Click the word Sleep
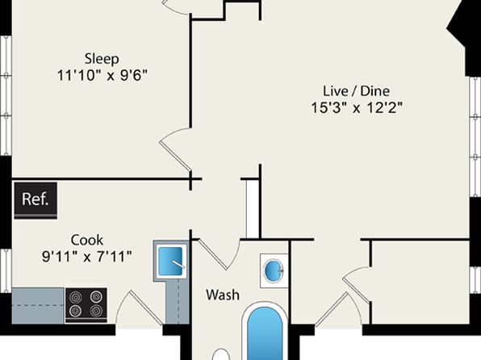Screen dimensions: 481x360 click(102, 59)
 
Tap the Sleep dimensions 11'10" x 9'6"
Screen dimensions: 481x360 click(102, 75)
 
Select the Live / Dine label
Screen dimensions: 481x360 click(356, 91)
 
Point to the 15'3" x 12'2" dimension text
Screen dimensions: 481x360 click(357, 107)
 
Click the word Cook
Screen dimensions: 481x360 click(87, 240)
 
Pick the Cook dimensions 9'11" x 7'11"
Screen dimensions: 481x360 click(87, 257)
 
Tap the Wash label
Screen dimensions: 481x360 click(223, 295)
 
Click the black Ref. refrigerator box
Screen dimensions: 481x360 click(36, 199)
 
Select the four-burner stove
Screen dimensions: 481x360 click(86, 305)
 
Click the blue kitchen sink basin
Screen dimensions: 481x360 click(170, 262)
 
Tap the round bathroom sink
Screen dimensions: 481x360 click(274, 270)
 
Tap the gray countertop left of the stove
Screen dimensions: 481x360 click(38, 305)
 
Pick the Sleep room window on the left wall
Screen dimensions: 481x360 click(6, 96)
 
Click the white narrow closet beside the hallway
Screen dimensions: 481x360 click(253, 209)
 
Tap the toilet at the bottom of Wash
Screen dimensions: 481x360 click(221, 354)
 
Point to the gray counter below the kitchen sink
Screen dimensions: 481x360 click(177, 302)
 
